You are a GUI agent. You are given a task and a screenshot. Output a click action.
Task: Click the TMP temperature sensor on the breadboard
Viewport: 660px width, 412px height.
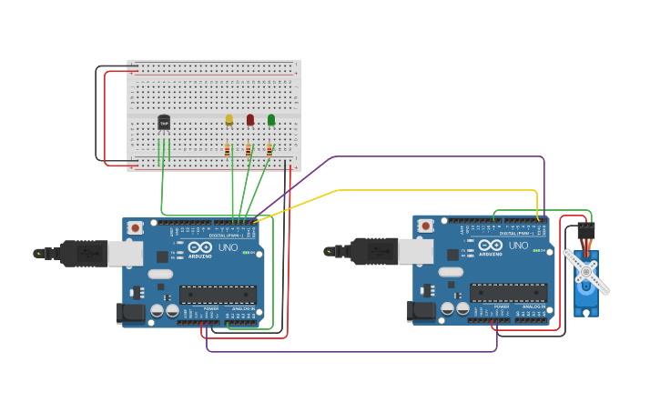[x=164, y=122]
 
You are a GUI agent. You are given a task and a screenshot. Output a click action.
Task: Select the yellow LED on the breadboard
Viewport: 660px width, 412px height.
[x=229, y=119]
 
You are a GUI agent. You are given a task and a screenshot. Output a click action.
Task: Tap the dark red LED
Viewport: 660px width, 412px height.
[x=250, y=119]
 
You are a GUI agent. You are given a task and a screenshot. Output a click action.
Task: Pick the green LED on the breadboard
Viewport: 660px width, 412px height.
[x=271, y=119]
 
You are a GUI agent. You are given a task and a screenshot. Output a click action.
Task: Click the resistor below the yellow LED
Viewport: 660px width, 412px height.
[x=228, y=150]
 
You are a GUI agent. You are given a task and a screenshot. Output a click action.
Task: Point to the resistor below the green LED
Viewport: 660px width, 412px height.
[x=269, y=150]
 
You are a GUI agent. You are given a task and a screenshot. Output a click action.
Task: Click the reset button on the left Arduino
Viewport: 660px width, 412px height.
[x=135, y=227]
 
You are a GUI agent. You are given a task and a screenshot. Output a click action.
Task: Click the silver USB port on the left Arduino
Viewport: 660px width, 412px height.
[x=125, y=253]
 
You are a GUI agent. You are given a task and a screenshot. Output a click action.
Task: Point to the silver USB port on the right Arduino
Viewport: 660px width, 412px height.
[x=415, y=251]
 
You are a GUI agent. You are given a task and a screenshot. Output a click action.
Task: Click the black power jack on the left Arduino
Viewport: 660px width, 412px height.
[x=131, y=313]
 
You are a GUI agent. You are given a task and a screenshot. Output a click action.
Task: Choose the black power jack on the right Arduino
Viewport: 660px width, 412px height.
[x=421, y=310]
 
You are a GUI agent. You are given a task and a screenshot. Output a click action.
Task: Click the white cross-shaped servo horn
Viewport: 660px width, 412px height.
[x=586, y=271]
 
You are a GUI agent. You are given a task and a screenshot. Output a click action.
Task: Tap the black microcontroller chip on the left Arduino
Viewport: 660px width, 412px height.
[x=218, y=294]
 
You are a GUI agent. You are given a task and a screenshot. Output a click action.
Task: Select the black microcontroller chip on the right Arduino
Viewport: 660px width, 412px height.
[x=508, y=292]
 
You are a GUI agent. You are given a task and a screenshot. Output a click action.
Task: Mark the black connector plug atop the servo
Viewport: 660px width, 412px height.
[x=585, y=231]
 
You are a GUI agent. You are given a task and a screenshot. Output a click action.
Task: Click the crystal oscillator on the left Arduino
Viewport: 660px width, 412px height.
[x=160, y=274]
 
